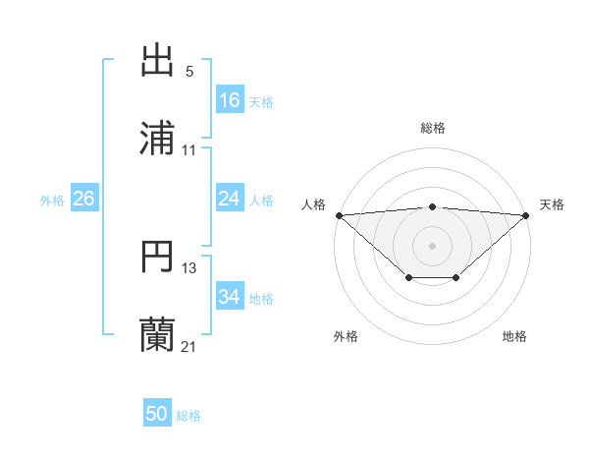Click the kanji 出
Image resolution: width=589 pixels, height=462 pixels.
(158, 61)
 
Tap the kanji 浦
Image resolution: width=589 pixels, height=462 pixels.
(158, 139)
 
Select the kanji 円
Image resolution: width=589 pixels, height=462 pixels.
(158, 257)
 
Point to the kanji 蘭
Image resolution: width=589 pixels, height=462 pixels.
(158, 335)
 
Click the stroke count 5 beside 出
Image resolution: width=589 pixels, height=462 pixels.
(189, 72)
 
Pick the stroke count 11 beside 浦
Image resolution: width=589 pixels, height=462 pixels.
(189, 150)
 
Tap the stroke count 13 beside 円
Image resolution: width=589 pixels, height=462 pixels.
(189, 268)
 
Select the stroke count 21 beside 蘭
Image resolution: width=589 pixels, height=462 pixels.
(189, 347)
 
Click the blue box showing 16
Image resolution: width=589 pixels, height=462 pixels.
(230, 100)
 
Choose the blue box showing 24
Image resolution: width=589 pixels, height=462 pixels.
(230, 199)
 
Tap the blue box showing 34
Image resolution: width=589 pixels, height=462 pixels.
(230, 297)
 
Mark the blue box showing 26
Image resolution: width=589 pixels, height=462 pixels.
(84, 199)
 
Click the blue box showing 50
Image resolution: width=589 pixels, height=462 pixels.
(157, 414)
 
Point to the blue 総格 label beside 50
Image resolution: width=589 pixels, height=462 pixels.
(188, 416)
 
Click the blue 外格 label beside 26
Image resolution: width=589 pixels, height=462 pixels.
(52, 201)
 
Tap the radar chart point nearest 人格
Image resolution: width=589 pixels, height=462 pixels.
(339, 215)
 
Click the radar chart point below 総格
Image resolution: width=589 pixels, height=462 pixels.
(433, 206)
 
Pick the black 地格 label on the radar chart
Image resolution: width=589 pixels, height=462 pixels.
(514, 336)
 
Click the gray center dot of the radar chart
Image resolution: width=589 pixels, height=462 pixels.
(433, 245)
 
